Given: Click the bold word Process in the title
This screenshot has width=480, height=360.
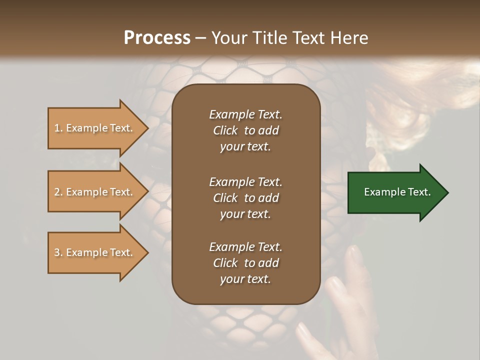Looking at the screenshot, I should (x=157, y=38).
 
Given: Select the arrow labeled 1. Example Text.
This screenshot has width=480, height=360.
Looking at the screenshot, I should (x=95, y=128).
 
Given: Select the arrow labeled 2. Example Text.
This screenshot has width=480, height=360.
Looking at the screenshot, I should (x=95, y=192).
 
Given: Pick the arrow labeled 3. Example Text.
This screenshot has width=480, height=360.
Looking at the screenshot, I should (x=95, y=252).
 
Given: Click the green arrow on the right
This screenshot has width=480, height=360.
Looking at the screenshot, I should (x=395, y=192).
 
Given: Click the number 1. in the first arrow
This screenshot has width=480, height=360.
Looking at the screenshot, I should (x=58, y=128).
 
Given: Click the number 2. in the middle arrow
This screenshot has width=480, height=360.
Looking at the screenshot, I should (x=58, y=192).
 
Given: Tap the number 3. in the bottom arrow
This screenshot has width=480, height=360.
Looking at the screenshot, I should (x=58, y=252).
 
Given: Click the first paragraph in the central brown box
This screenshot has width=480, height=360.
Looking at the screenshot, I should (x=245, y=130).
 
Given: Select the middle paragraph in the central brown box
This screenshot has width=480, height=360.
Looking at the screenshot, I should (x=245, y=197).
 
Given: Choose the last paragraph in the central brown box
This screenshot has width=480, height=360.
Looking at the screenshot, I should (x=245, y=263).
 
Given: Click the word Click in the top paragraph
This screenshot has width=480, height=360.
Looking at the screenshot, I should (x=225, y=130).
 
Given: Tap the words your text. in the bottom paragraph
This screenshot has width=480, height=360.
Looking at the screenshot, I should (x=245, y=279).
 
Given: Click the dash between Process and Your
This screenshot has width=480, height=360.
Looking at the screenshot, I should (x=200, y=38).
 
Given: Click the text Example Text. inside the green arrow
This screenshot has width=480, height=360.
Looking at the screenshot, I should (x=397, y=192).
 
